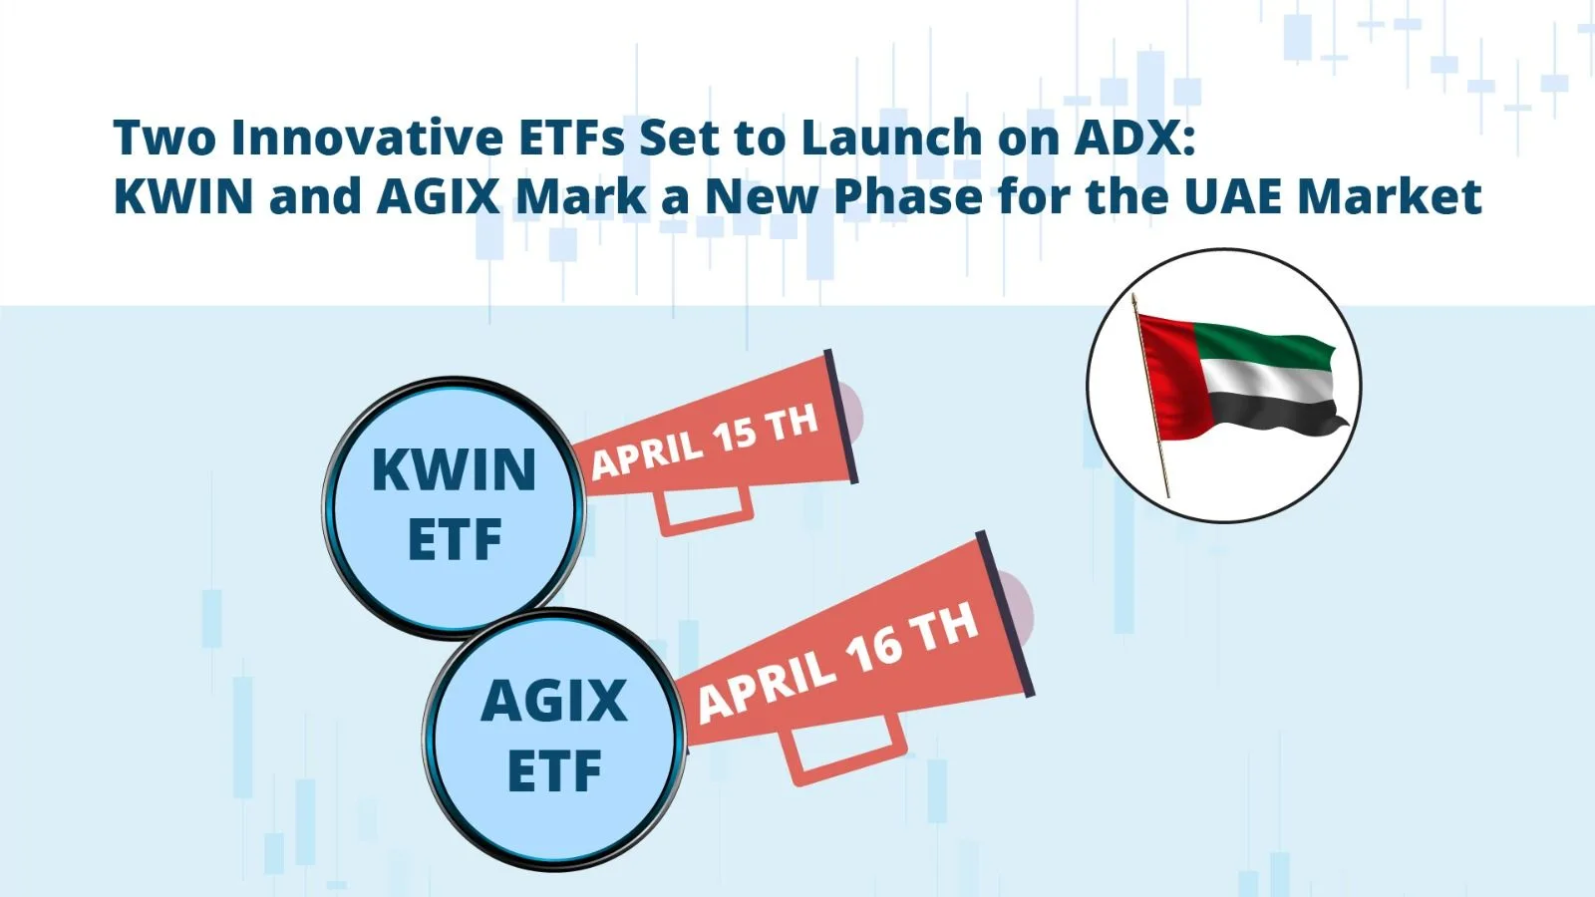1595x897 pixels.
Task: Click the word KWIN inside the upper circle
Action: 454,469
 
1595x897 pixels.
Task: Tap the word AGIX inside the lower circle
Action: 554,701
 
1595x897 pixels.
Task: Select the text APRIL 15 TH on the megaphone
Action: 705,441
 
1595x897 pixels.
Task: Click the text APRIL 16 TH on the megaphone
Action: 837,663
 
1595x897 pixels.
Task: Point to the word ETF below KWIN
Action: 455,540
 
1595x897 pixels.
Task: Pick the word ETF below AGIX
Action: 554,771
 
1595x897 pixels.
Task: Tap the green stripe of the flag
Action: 1266,345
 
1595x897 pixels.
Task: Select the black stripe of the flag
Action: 1276,411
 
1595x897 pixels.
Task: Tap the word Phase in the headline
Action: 907,195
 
